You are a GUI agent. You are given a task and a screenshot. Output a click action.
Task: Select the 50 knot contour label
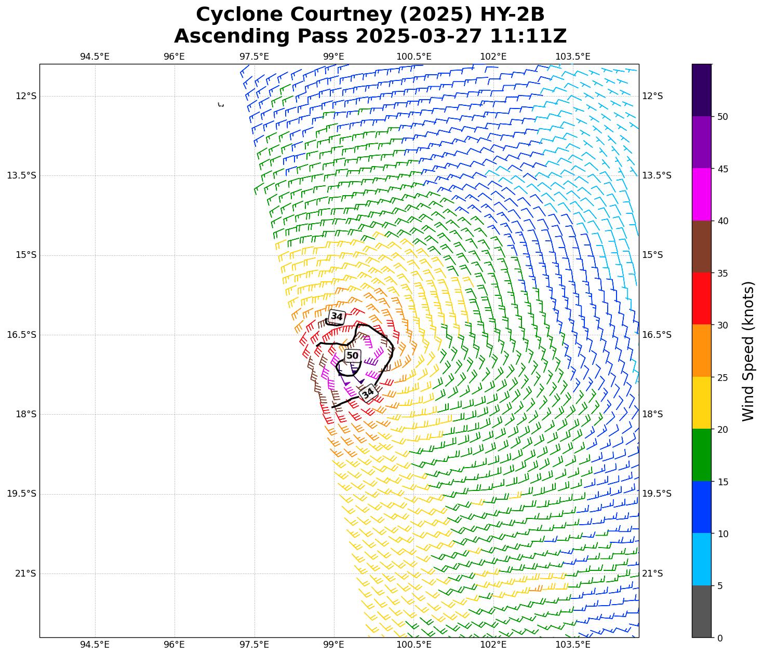(352, 356)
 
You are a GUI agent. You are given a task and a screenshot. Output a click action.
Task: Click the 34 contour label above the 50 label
(337, 317)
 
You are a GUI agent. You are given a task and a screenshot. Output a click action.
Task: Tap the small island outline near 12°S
(221, 105)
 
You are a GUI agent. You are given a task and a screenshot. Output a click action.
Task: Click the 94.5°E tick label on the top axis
(95, 57)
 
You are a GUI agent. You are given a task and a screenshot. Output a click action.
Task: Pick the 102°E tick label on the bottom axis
(493, 645)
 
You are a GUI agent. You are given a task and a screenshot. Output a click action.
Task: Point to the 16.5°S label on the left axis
(21, 335)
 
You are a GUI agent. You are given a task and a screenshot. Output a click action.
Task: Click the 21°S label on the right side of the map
(652, 573)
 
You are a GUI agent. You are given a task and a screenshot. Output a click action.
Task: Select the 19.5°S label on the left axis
(21, 494)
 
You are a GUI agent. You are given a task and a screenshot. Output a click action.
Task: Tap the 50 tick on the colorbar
(722, 117)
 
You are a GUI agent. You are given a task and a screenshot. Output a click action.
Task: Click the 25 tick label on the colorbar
(722, 378)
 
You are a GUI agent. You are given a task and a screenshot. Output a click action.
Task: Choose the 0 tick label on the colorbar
(719, 638)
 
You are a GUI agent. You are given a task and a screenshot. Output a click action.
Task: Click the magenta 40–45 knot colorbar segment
(701, 195)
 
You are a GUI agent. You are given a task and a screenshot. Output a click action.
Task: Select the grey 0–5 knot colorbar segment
(701, 611)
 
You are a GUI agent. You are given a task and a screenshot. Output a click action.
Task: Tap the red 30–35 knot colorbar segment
(701, 299)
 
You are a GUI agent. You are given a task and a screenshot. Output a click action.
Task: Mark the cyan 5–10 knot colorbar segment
(701, 559)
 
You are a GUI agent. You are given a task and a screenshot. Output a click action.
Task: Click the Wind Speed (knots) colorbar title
(748, 351)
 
